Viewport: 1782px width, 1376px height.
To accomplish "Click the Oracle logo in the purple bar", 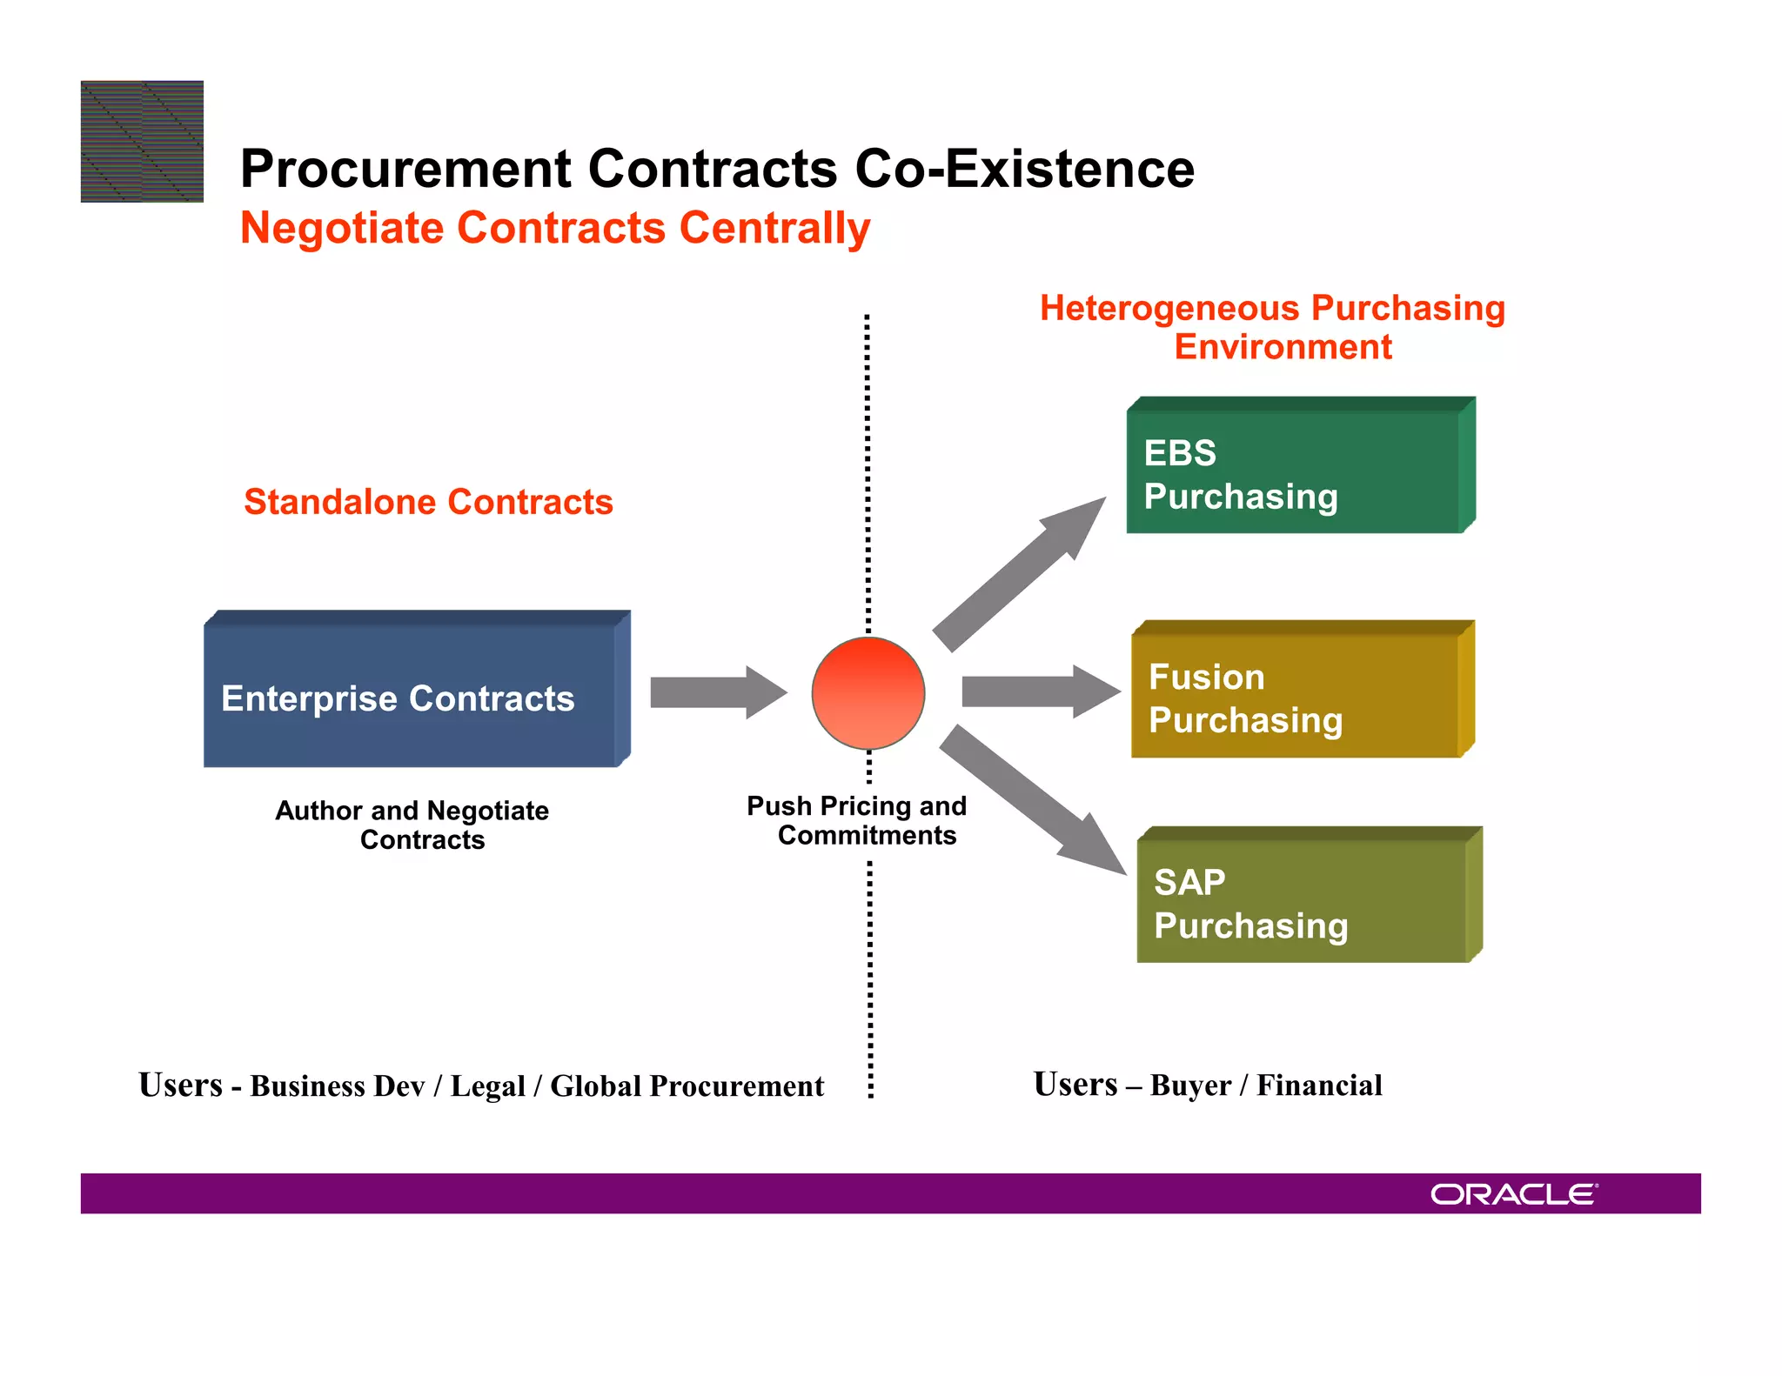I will click(x=1514, y=1194).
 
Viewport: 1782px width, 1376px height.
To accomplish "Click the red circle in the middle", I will click(x=868, y=693).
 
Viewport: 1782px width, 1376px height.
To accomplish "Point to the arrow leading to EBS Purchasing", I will click(x=1018, y=574).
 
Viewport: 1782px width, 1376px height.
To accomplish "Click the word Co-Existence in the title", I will click(x=1024, y=169).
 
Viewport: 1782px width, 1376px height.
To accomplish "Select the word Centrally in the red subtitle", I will click(x=774, y=228).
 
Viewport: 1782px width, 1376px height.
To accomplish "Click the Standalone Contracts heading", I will click(x=428, y=502).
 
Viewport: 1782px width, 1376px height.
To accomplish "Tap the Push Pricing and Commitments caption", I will click(x=857, y=820).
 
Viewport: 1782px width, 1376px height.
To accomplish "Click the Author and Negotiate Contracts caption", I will click(x=412, y=825).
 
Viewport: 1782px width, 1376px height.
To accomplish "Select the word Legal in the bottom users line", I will click(x=487, y=1086).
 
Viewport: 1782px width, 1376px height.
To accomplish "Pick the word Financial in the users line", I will click(x=1319, y=1085).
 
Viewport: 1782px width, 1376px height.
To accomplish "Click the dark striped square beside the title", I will click(x=142, y=142).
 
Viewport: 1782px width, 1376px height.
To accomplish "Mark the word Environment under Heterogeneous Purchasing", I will click(x=1283, y=347).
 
